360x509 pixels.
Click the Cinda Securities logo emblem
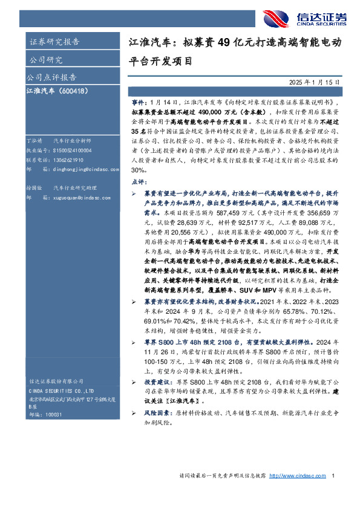(277, 19)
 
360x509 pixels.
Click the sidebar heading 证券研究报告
(54, 42)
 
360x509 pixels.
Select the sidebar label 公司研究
(47, 60)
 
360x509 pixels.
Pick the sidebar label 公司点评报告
(51, 77)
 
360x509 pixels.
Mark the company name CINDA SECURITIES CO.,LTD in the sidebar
(62, 392)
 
